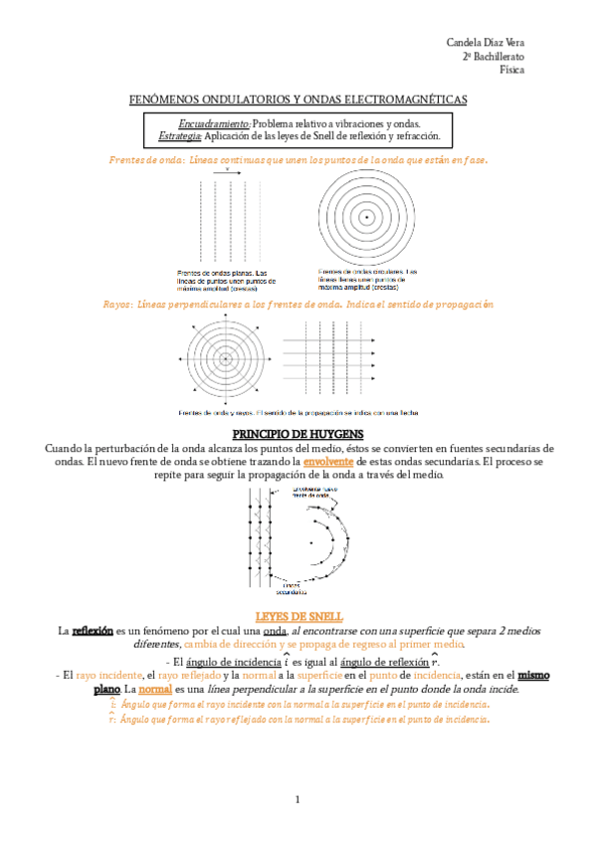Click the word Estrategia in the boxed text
[180, 134]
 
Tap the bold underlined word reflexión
[93, 631]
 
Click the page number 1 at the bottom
[297, 799]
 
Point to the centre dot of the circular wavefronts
[367, 216]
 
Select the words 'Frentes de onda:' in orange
[144, 159]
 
